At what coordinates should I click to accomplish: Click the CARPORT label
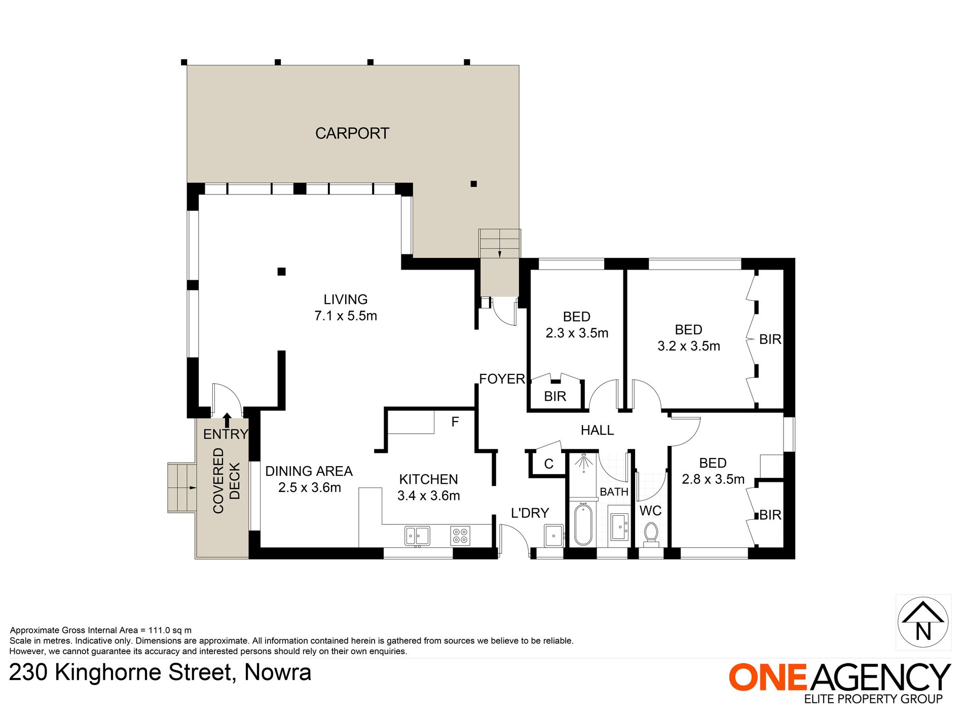pyautogui.click(x=352, y=133)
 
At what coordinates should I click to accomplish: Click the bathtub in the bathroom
pyautogui.click(x=583, y=524)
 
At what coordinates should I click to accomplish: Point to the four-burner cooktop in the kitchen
pyautogui.click(x=460, y=536)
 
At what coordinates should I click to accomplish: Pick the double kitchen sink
pyautogui.click(x=417, y=536)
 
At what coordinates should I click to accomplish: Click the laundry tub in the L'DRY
pyautogui.click(x=553, y=536)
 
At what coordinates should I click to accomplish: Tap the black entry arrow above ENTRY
pyautogui.click(x=227, y=420)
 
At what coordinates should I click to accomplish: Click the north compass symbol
pyautogui.click(x=923, y=622)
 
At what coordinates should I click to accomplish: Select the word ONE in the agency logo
pyautogui.click(x=768, y=677)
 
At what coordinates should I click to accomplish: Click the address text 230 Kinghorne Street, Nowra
pyautogui.click(x=160, y=673)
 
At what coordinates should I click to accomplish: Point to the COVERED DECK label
pyautogui.click(x=226, y=480)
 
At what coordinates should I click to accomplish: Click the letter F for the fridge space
pyautogui.click(x=455, y=422)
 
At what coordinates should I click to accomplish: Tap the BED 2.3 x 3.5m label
pyautogui.click(x=577, y=325)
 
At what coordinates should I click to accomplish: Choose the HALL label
pyautogui.click(x=597, y=430)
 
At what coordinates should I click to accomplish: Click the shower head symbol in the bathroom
pyautogui.click(x=583, y=462)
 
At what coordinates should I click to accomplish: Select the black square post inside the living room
pyautogui.click(x=281, y=272)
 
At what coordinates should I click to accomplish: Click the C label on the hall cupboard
pyautogui.click(x=548, y=464)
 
